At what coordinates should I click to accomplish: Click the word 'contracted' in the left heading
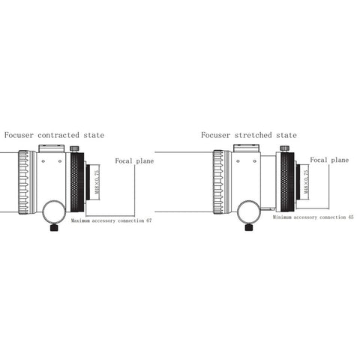(58, 135)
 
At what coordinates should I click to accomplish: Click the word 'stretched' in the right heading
(253, 135)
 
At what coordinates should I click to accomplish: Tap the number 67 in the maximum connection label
(149, 220)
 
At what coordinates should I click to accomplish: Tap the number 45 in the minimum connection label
(351, 217)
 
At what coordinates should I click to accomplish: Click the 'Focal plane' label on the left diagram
(134, 161)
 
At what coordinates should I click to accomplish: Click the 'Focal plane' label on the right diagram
(329, 160)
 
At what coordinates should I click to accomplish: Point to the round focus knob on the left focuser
(53, 211)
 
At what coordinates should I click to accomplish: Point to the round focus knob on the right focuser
(248, 211)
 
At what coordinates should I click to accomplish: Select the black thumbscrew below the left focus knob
(54, 228)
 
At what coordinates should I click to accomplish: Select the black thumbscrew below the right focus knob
(249, 227)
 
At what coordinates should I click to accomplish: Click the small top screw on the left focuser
(73, 149)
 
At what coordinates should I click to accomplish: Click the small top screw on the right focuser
(283, 148)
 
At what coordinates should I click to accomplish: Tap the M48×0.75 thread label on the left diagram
(97, 181)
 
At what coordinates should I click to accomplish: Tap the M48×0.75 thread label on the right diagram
(306, 181)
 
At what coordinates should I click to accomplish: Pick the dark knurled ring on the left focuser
(77, 182)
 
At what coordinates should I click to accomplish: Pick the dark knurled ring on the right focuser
(287, 182)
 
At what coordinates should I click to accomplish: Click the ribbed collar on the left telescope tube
(24, 182)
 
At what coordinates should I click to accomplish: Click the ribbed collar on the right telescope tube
(218, 182)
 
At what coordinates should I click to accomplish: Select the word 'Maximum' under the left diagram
(80, 220)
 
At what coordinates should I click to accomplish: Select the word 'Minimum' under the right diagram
(282, 217)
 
